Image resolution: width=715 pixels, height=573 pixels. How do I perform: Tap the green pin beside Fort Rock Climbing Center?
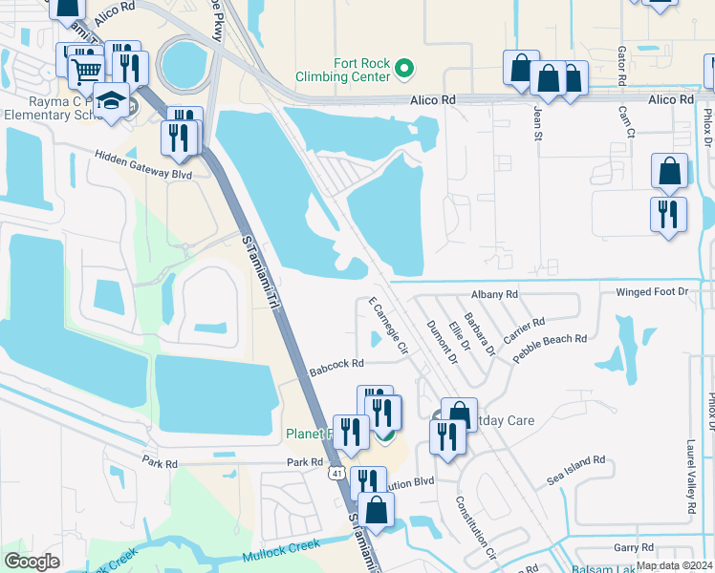pos(403,68)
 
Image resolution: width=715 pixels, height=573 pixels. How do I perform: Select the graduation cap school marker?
pos(112,101)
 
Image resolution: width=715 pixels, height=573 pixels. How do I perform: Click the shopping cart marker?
pos(87,70)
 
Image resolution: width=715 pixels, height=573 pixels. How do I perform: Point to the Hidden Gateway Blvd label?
pos(142,164)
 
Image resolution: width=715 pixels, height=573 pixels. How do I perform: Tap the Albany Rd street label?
pos(494,295)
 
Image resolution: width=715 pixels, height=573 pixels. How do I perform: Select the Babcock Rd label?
pos(337,364)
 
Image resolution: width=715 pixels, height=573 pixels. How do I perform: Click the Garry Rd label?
pos(633,547)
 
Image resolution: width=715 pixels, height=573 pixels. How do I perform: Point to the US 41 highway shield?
pos(336,472)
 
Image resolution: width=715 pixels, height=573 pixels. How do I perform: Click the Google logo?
pos(32,561)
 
